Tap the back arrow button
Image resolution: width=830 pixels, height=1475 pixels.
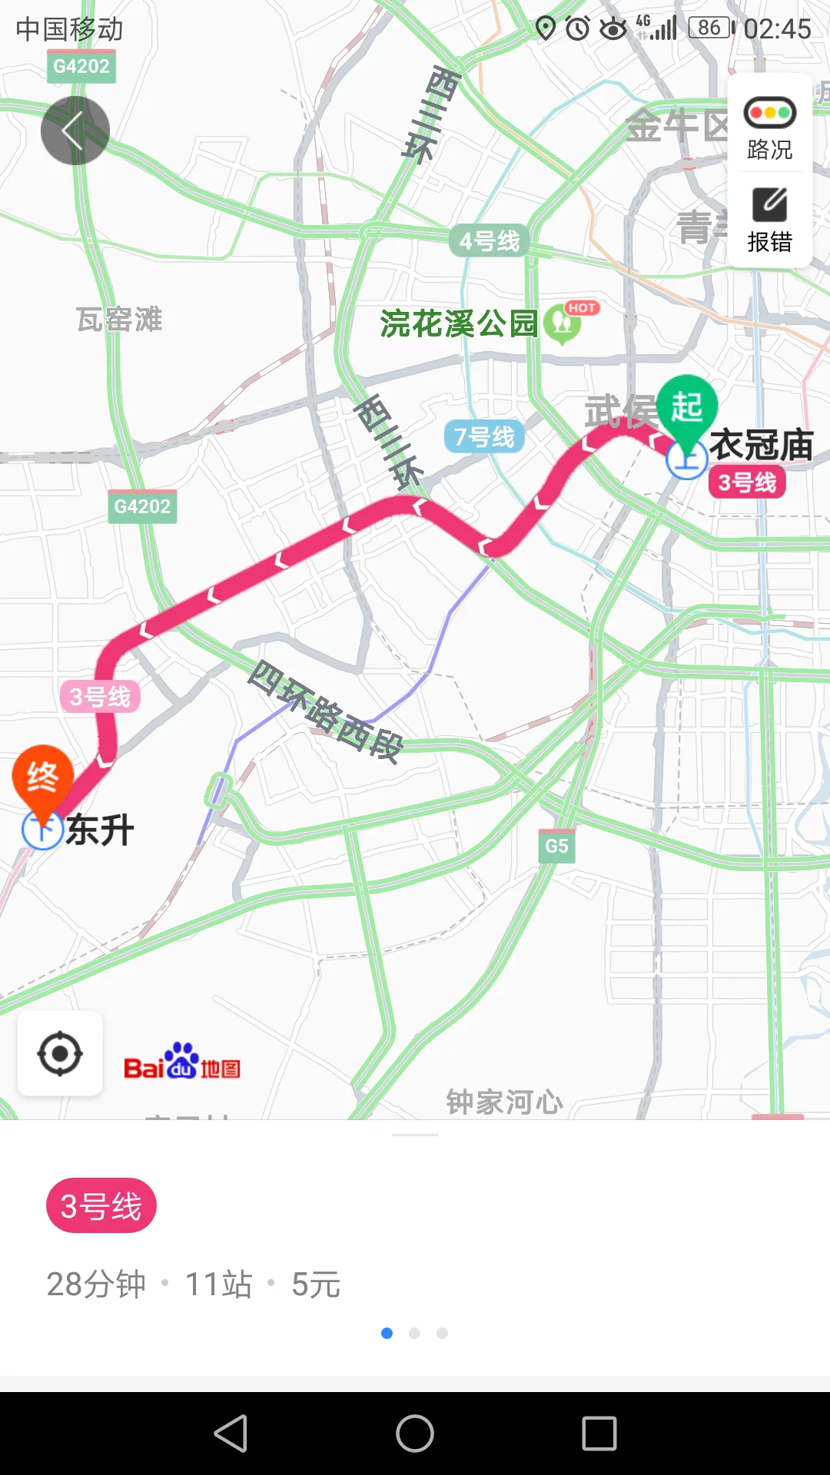(x=75, y=131)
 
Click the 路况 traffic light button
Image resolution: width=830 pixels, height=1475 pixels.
(x=769, y=128)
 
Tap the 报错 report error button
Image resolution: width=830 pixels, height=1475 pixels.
(x=769, y=220)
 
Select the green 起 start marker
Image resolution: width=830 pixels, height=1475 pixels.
(x=686, y=408)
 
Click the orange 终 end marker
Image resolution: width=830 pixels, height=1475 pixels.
(x=43, y=777)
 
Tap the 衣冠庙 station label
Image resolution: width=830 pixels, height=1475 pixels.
(x=761, y=445)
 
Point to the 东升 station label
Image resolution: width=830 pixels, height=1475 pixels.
(x=100, y=830)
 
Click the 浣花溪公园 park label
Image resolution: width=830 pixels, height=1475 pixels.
(x=459, y=323)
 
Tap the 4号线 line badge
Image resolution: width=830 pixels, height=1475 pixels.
(x=489, y=241)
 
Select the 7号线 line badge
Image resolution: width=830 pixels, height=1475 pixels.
(x=484, y=437)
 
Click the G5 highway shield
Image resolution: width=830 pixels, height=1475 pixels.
(x=556, y=847)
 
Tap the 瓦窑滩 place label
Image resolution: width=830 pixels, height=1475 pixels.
(x=119, y=320)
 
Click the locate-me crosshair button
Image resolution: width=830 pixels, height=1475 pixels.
(x=60, y=1054)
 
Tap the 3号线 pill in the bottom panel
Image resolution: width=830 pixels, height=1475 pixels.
(x=101, y=1205)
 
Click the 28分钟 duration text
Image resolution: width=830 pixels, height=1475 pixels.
(x=96, y=1284)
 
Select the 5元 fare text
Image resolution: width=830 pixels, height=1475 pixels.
(x=316, y=1284)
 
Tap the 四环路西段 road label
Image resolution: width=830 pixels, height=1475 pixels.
(x=326, y=711)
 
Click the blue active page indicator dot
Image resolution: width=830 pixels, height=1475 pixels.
(x=387, y=1333)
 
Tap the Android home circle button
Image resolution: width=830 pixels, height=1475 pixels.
(x=415, y=1434)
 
